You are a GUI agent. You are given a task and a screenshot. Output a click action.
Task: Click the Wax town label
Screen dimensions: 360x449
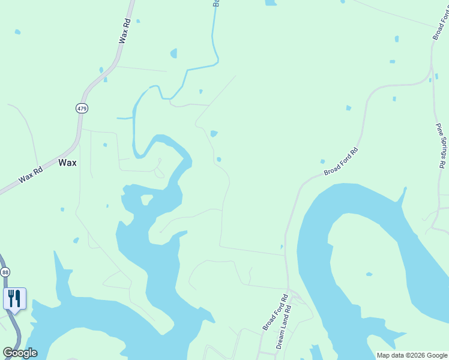(67, 163)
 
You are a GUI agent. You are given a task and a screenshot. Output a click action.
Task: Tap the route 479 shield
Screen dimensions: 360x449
(82, 108)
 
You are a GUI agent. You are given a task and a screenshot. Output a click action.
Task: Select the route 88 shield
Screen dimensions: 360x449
(5, 272)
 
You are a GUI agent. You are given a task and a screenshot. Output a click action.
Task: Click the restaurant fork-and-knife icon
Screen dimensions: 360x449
(14, 298)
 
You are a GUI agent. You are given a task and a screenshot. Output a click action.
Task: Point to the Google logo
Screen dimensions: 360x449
(20, 353)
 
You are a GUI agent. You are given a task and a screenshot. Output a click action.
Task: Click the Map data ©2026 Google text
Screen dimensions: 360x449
(412, 355)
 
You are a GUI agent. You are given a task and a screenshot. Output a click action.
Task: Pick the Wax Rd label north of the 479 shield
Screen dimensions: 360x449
(125, 30)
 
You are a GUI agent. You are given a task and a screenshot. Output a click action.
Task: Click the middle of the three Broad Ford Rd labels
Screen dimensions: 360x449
(341, 161)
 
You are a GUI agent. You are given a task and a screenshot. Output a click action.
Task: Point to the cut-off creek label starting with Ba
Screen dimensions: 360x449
(215, 3)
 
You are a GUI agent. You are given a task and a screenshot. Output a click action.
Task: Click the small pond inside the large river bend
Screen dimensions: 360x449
(369, 275)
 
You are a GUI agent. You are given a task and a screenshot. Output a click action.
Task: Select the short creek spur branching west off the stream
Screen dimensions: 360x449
(124, 118)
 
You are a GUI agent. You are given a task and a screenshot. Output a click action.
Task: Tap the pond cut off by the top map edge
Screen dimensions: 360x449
(271, 2)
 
